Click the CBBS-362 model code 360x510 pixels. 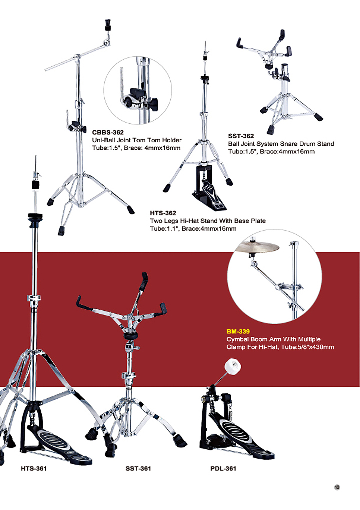(108, 132)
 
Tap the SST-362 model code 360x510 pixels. (241, 136)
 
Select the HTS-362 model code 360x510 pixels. (163, 213)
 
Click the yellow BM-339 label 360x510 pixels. (238, 332)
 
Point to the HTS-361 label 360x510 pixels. (34, 468)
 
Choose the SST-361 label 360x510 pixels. (138, 468)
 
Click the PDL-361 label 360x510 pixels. (223, 468)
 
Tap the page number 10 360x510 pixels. (337, 487)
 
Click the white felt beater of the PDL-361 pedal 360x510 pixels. (233, 365)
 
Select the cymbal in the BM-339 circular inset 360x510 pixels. (257, 248)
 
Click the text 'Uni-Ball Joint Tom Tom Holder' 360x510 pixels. (137, 140)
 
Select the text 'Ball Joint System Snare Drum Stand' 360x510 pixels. (281, 144)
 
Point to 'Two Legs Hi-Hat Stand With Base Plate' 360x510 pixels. (208, 221)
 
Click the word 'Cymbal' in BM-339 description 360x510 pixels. (237, 339)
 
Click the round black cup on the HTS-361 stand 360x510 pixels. (35, 217)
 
